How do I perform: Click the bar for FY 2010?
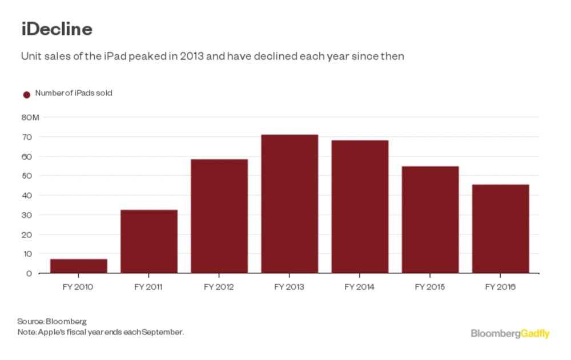point(78,266)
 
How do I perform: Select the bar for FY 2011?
point(148,241)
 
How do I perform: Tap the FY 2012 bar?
point(219,216)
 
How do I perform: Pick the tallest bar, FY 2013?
point(289,204)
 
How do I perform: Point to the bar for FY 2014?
point(360,207)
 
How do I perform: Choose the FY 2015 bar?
point(430,220)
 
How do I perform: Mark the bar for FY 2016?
point(500,229)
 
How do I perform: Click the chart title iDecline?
point(57,29)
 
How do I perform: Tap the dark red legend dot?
point(26,95)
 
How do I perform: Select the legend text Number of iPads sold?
point(73,93)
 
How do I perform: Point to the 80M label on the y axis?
point(30,118)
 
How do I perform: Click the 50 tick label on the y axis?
point(27,176)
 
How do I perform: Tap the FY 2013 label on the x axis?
point(289,287)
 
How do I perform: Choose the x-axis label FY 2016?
point(500,287)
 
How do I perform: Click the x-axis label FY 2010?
point(78,287)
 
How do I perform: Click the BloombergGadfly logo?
point(510,333)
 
